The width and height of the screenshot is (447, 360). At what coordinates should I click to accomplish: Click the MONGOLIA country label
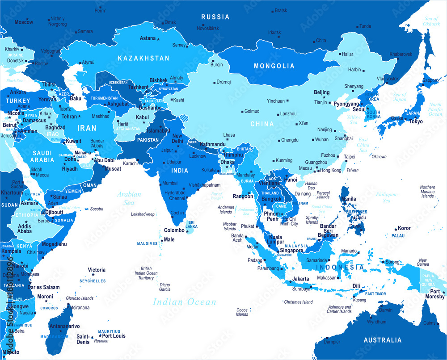[x=274, y=66]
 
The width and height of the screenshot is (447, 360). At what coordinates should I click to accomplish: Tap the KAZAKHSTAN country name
[x=143, y=58]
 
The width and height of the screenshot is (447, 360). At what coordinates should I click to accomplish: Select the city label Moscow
[x=24, y=22]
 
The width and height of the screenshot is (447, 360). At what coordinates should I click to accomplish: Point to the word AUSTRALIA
[x=382, y=340]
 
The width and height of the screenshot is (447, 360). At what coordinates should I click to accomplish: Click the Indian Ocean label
[x=185, y=302]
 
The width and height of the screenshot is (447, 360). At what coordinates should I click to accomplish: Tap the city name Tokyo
[x=415, y=121]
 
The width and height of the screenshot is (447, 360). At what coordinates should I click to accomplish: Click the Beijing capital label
[x=322, y=92]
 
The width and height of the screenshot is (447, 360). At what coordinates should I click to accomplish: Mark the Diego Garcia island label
[x=165, y=287]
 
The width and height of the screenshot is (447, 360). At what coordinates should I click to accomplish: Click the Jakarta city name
[x=300, y=279]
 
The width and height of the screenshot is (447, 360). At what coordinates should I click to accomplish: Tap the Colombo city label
[x=174, y=230]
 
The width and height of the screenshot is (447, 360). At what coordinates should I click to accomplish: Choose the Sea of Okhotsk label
[x=431, y=21]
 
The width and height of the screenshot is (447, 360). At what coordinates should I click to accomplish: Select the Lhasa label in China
[x=229, y=134]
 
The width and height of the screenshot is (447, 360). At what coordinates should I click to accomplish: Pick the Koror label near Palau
[x=404, y=228]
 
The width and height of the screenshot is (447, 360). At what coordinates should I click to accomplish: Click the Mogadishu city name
[x=54, y=244]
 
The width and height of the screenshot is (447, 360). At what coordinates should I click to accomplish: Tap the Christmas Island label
[x=298, y=302]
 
